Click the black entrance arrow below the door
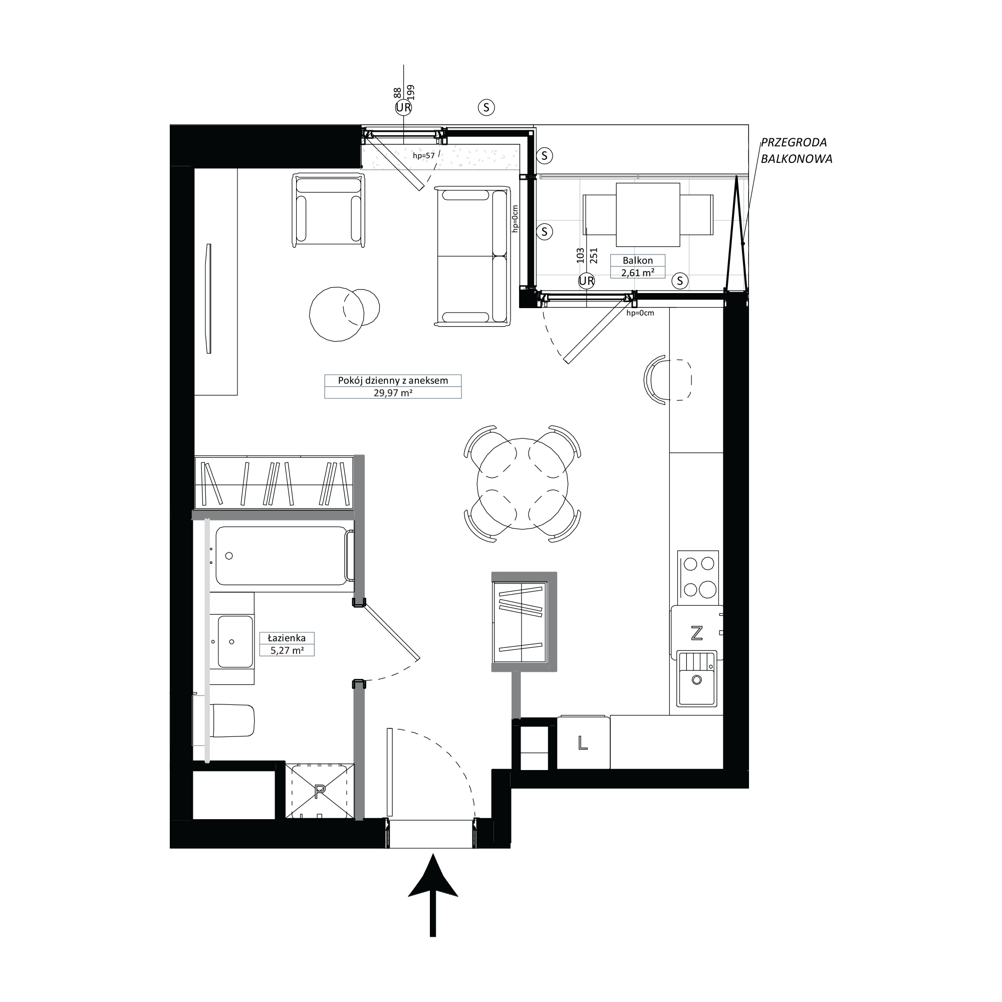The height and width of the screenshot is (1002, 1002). point(433,903)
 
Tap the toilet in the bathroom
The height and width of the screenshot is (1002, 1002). point(232,720)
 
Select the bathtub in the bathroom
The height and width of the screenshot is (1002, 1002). point(282,556)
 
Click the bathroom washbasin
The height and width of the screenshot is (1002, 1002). point(235,641)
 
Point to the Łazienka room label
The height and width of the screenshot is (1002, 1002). point(286,638)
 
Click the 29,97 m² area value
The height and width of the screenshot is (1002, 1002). point(393,393)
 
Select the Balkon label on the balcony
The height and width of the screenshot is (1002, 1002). point(637,261)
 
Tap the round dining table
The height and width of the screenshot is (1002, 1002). point(522,484)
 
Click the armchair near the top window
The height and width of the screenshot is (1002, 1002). point(328,210)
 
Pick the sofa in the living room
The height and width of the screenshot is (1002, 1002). point(472,256)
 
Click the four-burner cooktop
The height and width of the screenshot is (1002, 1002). point(697,576)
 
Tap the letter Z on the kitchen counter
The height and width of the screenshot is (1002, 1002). point(696,633)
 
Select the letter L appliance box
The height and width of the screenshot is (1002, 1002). point(583,743)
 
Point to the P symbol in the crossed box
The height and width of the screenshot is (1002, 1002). point(320,791)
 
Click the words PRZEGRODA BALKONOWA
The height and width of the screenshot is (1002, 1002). point(796,150)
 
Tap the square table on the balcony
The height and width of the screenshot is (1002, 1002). point(648,214)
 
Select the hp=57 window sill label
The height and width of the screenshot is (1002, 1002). point(423,156)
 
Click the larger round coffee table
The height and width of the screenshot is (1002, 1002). point(337,314)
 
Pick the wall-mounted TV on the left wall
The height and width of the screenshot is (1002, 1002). point(209,299)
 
